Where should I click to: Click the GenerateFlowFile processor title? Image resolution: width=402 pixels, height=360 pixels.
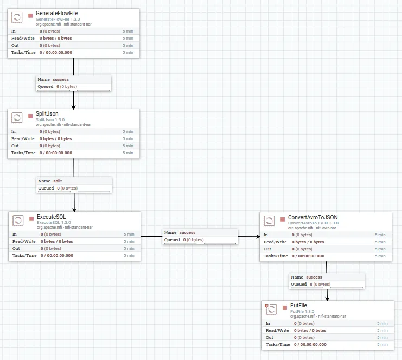pyautogui.click(x=56, y=13)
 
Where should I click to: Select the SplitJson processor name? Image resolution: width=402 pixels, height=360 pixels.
pyautogui.click(x=47, y=113)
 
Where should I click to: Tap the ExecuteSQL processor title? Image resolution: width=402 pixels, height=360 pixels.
pyautogui.click(x=51, y=217)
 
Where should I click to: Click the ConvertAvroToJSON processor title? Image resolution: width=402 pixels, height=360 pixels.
pyautogui.click(x=312, y=217)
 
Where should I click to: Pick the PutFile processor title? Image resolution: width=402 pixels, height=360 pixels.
pyautogui.click(x=299, y=306)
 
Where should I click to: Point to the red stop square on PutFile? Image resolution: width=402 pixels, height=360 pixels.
pyautogui.click(x=284, y=308)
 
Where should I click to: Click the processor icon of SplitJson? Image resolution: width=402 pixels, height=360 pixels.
pyautogui.click(x=17, y=117)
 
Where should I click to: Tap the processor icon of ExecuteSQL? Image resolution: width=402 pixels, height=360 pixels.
pyautogui.click(x=18, y=220)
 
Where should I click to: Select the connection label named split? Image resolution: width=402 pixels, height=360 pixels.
pyautogui.click(x=57, y=181)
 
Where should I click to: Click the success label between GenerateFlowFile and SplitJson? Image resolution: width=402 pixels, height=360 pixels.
pyautogui.click(x=60, y=79)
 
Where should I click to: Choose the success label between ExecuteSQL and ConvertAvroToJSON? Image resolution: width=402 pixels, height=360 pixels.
pyautogui.click(x=187, y=232)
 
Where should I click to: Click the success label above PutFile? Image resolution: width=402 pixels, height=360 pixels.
pyautogui.click(x=314, y=277)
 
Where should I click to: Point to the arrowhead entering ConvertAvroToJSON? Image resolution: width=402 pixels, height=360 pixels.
pyautogui.click(x=257, y=236)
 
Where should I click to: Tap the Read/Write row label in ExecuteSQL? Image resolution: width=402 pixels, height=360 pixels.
pyautogui.click(x=24, y=241)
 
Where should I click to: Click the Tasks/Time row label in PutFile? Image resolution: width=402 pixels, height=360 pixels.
pyautogui.click(x=277, y=344)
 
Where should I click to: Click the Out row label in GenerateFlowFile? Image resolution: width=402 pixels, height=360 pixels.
pyautogui.click(x=15, y=45)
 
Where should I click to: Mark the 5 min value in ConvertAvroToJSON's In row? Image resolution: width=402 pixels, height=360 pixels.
pyautogui.click(x=380, y=235)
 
